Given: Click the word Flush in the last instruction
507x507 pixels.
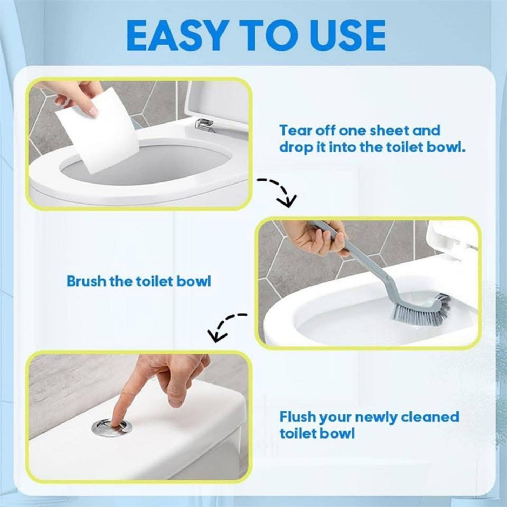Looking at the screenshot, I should point(296,417).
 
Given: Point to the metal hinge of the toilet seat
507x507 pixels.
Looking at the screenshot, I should point(204,124).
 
